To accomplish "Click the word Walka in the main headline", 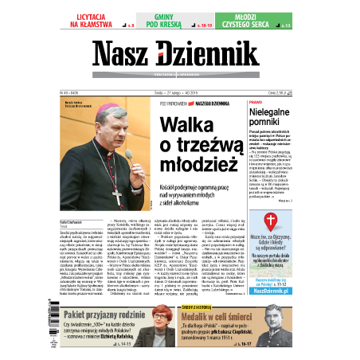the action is (188, 127).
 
